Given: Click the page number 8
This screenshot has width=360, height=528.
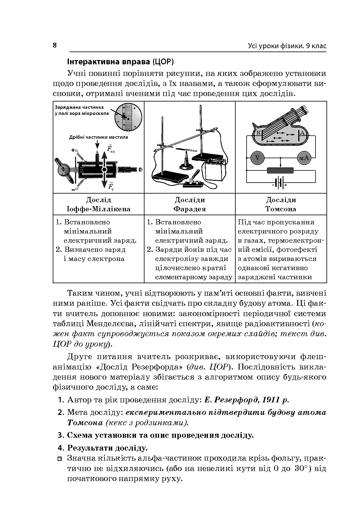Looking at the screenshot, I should pos(55,45).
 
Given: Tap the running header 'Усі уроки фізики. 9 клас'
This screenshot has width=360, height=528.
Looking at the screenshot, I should pos(287,46).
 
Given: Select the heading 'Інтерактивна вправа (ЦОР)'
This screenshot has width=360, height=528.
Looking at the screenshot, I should pos(120,62).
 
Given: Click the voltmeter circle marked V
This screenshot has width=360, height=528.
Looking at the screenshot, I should pos(258,158).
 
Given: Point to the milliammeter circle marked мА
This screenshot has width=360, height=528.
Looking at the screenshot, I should pos(304,158).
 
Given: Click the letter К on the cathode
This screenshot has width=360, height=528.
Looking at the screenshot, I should pos(258,133).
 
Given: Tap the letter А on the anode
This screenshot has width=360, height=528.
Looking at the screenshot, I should pos(302,133).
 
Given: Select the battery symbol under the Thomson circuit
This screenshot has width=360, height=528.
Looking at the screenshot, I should pos(280,183).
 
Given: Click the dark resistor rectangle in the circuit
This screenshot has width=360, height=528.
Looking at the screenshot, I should pos(280,170).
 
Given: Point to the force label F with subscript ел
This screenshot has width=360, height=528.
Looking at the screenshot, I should pos(110,149).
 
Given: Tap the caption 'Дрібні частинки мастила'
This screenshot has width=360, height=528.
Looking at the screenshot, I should pos(98,137).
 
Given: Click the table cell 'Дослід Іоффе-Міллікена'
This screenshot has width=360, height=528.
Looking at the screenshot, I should pos(98,204).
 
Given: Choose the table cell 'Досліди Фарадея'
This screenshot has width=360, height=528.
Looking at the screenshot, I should pos(190,204).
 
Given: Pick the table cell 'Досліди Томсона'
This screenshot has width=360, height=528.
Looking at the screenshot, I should pos(281,204).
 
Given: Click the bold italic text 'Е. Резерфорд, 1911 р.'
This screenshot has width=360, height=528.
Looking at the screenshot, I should pos(247,400).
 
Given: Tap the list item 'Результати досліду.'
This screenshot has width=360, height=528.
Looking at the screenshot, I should pos(107,448).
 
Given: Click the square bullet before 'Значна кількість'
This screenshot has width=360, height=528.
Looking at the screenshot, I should pos(60,458).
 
